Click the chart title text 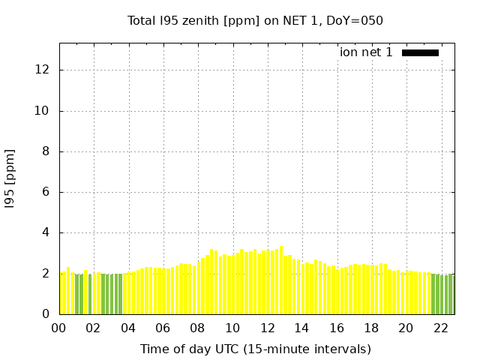[x=255, y=21]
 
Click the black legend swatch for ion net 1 [x=420, y=52]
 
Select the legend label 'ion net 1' [x=366, y=52]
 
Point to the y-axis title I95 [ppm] [x=10, y=178]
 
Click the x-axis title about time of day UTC [x=255, y=349]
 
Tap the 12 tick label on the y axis [x=43, y=70]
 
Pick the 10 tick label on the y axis [x=43, y=111]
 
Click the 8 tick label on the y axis [x=46, y=151]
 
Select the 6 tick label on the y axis [x=46, y=192]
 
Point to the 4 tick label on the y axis [x=46, y=232]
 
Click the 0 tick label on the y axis [x=46, y=314]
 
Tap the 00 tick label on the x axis [x=59, y=328]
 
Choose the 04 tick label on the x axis [x=128, y=328]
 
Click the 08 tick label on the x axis [x=198, y=328]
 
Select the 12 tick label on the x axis [x=267, y=328]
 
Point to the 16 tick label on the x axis [x=337, y=328]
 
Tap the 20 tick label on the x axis [x=406, y=328]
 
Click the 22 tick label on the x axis [x=440, y=328]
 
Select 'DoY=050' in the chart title [x=358, y=21]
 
